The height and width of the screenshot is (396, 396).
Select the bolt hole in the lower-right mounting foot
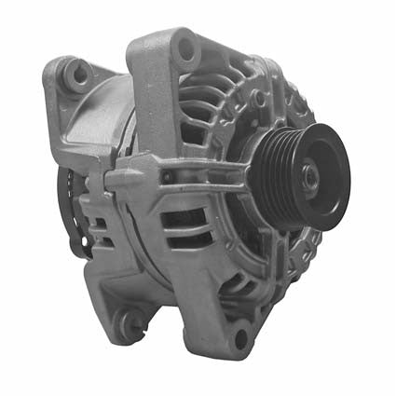click(240, 336)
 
